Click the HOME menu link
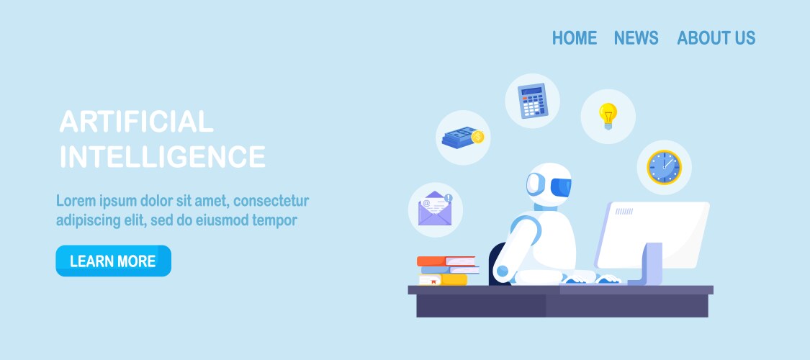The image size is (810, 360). [x=575, y=37]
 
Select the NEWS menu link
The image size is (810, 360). [x=636, y=37]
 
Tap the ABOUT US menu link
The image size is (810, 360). [x=716, y=37]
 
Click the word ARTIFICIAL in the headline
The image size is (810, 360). [x=136, y=122]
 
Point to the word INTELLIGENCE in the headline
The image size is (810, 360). [x=163, y=156]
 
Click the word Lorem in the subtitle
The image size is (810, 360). [x=76, y=200]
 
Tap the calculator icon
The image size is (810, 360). [x=533, y=101]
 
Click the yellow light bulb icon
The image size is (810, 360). [x=608, y=116]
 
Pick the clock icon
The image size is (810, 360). [x=665, y=167]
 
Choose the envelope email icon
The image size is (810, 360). [x=435, y=209]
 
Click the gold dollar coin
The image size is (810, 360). [x=478, y=137]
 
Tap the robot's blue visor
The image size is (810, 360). [x=561, y=187]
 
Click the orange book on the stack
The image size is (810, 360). [x=446, y=261]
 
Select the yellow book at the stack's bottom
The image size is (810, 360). [x=444, y=280]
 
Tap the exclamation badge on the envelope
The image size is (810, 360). [x=448, y=198]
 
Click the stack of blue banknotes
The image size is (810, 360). [x=459, y=138]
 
